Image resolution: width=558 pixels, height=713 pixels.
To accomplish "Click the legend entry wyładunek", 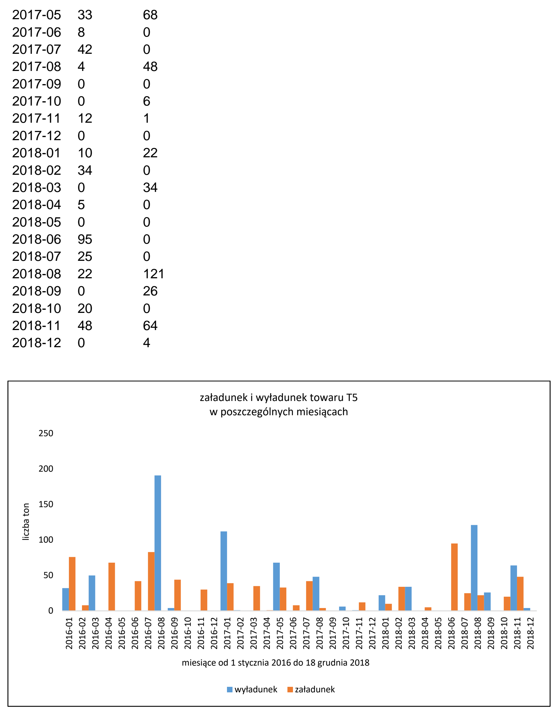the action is [252, 689].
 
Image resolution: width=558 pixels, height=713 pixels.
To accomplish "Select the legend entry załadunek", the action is [311, 689].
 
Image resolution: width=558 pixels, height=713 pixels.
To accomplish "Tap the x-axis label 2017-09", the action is [332, 633].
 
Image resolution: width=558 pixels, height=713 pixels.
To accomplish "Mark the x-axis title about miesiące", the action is [276, 663].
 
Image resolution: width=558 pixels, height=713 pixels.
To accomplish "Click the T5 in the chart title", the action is [352, 398].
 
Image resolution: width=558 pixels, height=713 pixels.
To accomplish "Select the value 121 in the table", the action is [153, 274].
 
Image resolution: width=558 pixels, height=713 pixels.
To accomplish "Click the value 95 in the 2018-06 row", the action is [85, 239].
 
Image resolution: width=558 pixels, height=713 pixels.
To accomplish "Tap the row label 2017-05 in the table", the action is [37, 15].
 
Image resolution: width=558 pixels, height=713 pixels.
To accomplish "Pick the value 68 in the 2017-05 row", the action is [150, 15].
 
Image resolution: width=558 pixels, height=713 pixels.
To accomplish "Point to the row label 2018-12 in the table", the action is [37, 343].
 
